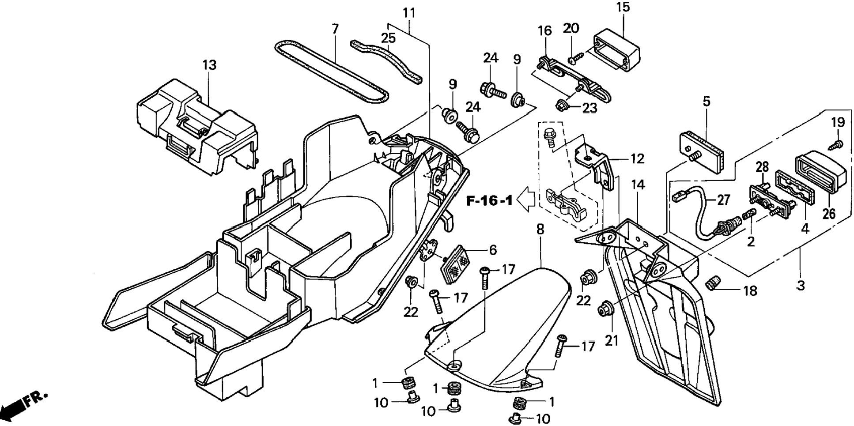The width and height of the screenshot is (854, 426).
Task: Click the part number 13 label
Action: point(209,65)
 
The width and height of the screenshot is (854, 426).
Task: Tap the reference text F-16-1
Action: point(490,201)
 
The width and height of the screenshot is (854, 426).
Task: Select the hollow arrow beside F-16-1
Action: point(526,200)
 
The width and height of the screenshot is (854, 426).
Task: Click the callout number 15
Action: point(623,7)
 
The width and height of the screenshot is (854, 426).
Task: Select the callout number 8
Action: point(540,229)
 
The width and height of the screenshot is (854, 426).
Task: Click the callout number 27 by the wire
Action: point(723,200)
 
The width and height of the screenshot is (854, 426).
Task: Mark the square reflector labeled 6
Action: point(456,265)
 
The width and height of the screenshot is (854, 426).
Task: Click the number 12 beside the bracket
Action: point(637,158)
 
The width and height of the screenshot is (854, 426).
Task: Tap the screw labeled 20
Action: point(573,58)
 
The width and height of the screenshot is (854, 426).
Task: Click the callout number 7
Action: point(335,29)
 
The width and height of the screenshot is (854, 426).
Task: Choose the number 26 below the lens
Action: point(829,214)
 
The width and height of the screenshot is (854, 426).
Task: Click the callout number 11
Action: point(409,13)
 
